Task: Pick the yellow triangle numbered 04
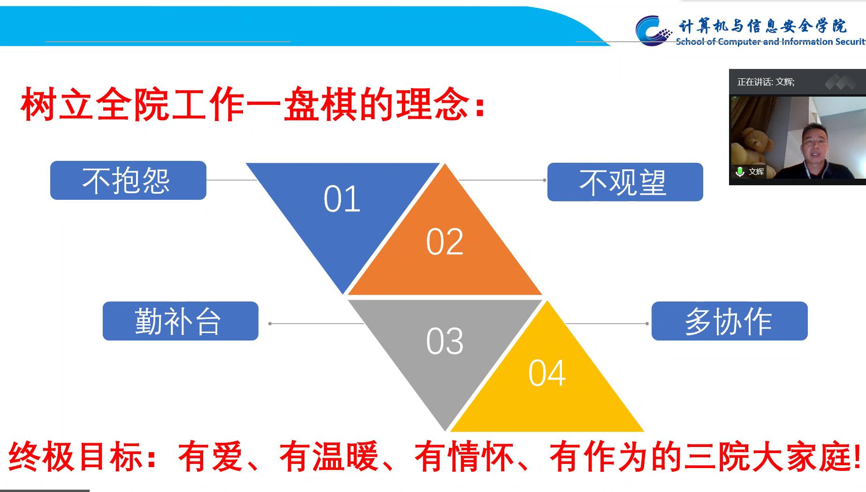coord(547,385)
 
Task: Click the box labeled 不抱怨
coord(128,180)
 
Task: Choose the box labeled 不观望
coord(625,182)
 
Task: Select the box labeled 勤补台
coord(181,321)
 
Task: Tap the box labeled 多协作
coord(729,321)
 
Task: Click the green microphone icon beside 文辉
coord(740,172)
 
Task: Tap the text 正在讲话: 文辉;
coord(766,82)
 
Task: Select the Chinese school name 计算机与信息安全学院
coord(762,26)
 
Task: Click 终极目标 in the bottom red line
coord(75,456)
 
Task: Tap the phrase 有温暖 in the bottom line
coord(328,456)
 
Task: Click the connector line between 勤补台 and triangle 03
coord(316,324)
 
